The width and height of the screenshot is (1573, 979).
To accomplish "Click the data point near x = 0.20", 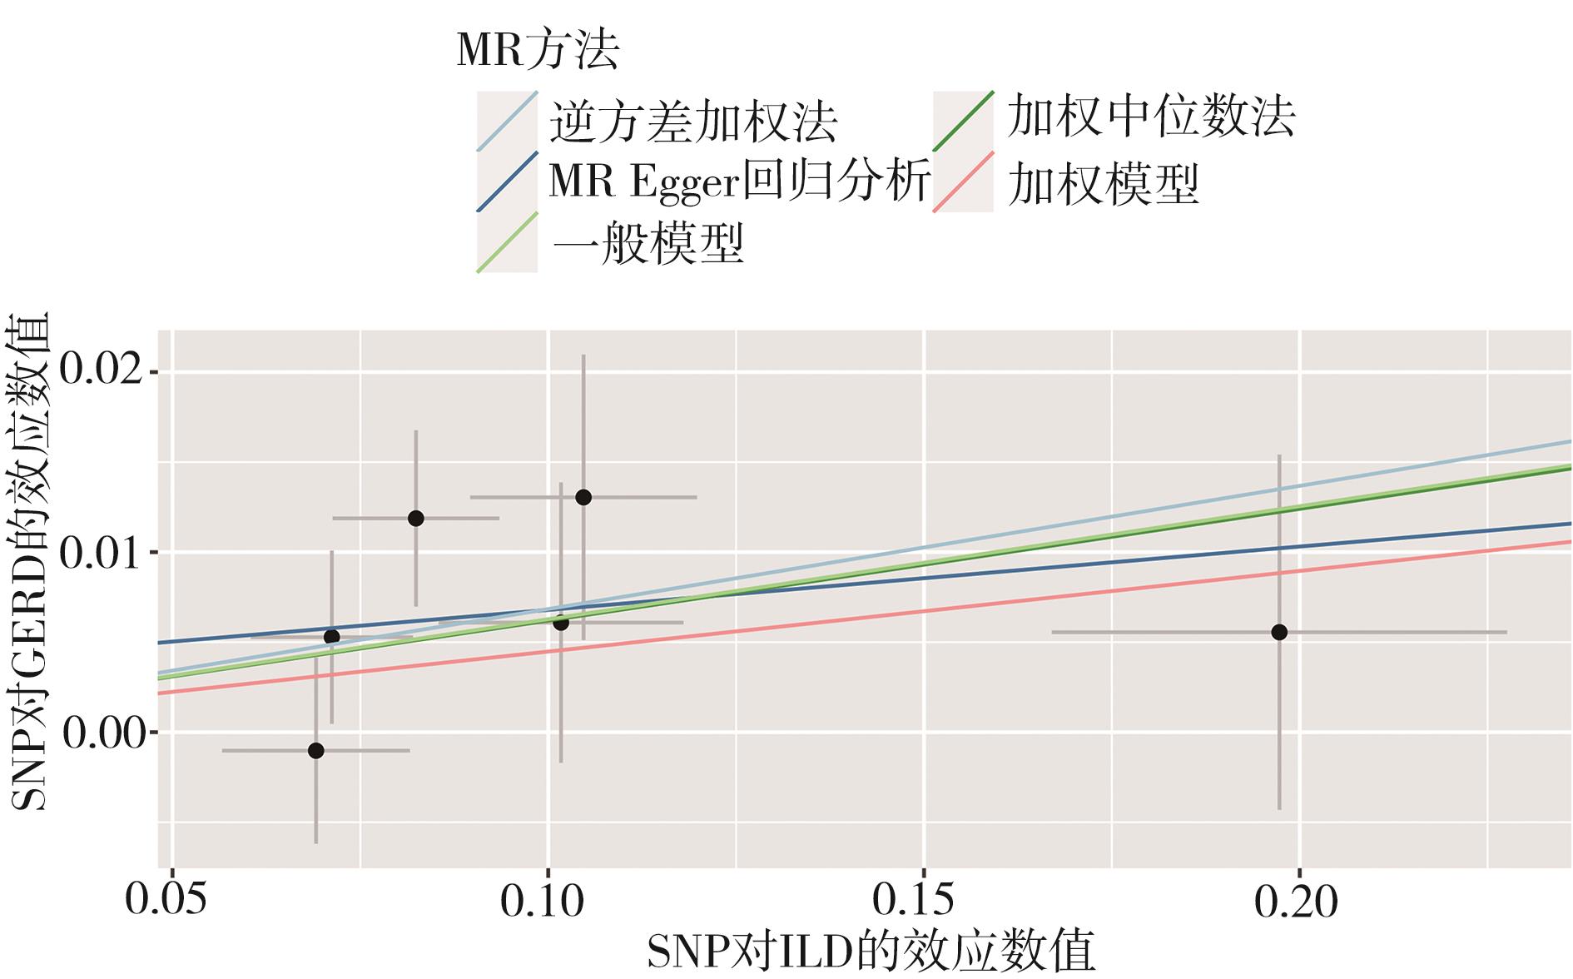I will pos(1279,632).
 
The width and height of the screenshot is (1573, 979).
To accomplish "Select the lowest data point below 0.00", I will pos(315,750).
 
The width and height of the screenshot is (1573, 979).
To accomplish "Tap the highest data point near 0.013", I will pos(583,497).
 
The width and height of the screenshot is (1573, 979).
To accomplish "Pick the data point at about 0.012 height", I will pos(416,519).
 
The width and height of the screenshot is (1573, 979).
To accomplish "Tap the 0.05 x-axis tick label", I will pos(166,901).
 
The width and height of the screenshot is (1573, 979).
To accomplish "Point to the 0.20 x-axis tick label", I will pos(1296,901).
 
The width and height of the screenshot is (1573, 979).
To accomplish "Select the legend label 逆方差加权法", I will pos(692,122).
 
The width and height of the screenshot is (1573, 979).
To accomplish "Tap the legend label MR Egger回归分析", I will pos(738,182).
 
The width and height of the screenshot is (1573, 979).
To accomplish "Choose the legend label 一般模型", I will pos(647,243).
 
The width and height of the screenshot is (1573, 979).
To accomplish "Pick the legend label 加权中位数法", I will pos(1150,117).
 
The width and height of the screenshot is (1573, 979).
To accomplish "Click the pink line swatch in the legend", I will pos(963,182).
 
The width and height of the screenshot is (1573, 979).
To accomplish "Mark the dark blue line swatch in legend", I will pos(507,182).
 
